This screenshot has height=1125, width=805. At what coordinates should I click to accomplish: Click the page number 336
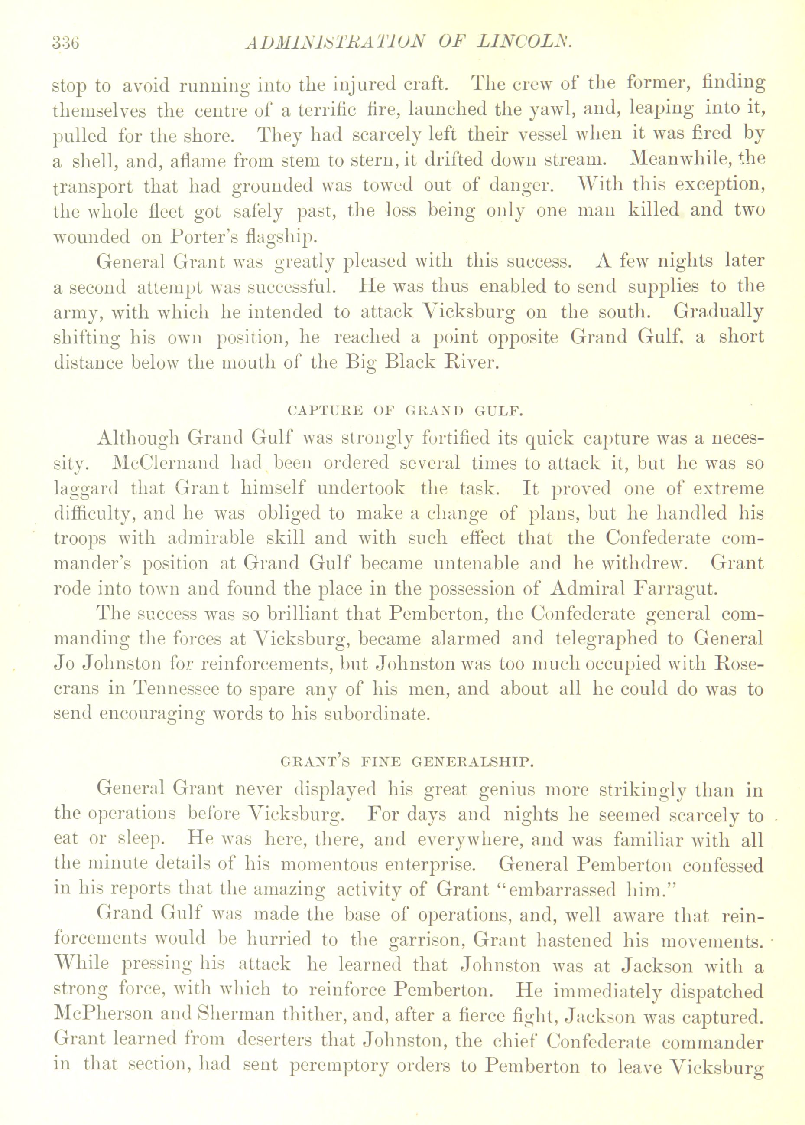pyautogui.click(x=66, y=43)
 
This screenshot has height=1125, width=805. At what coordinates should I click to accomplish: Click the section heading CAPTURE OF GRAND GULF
pyautogui.click(x=405, y=411)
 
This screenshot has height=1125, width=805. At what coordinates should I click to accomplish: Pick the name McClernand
pyautogui.click(x=165, y=464)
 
